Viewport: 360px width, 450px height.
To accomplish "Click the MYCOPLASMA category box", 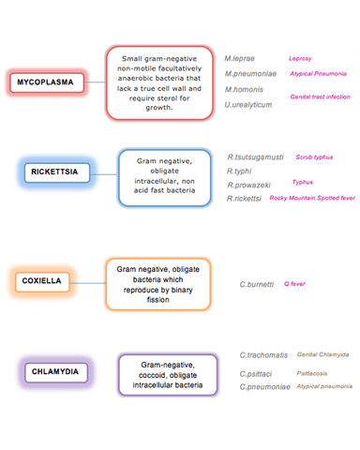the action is [47, 82].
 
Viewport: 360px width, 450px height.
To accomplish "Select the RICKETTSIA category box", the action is [57, 172].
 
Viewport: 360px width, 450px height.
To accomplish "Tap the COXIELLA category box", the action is [42, 281].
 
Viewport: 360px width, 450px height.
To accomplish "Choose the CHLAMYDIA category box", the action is [56, 372].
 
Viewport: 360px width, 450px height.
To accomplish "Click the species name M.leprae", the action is [239, 58].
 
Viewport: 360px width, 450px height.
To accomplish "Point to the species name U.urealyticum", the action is [248, 105].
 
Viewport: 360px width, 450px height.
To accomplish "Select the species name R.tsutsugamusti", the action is [256, 157].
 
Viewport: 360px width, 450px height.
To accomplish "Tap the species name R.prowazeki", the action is [248, 186].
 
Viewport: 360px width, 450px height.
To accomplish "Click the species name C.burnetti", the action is [257, 284].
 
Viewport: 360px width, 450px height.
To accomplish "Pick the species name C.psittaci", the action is [256, 374].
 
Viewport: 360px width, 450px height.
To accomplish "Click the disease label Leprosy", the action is [300, 59].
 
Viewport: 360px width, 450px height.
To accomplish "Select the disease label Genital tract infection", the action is [320, 97].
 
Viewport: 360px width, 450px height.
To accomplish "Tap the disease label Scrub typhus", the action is [314, 157].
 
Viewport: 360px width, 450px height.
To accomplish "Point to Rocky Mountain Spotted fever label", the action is [312, 198].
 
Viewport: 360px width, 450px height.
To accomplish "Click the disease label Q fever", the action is [294, 284].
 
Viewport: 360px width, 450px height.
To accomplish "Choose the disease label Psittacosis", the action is [312, 373].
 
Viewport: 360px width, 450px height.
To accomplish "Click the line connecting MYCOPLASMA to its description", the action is [95, 82].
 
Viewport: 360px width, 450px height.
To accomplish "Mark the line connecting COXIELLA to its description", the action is [87, 283].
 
